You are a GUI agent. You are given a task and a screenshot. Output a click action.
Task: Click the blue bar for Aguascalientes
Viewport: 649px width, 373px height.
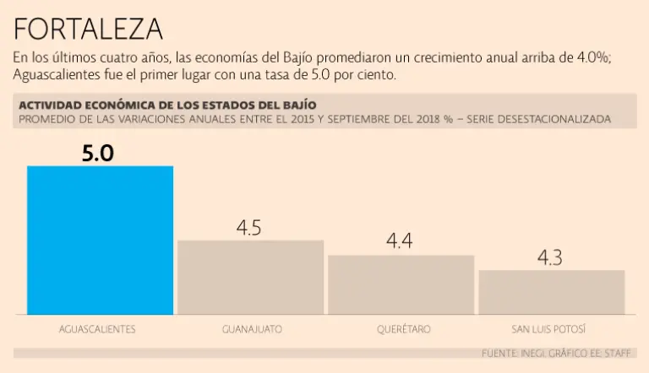[100, 240]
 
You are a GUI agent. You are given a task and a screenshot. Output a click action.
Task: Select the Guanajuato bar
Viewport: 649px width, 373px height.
[250, 277]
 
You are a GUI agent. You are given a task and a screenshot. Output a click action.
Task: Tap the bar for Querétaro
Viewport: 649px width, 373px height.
[401, 284]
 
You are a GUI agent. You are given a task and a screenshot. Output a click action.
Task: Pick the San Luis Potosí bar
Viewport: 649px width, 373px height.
[551, 292]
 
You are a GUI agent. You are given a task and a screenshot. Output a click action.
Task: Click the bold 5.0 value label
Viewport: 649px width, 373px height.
[98, 153]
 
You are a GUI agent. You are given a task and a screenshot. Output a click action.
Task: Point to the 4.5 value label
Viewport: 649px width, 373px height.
[249, 228]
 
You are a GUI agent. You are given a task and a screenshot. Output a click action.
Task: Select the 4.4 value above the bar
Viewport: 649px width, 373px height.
[399, 241]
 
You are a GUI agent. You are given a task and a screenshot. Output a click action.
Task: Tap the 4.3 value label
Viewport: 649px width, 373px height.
[549, 258]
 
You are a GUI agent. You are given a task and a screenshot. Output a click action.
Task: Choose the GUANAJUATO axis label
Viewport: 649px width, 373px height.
[251, 329]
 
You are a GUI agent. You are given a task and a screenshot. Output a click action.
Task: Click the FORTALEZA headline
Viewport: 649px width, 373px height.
[88, 30]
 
